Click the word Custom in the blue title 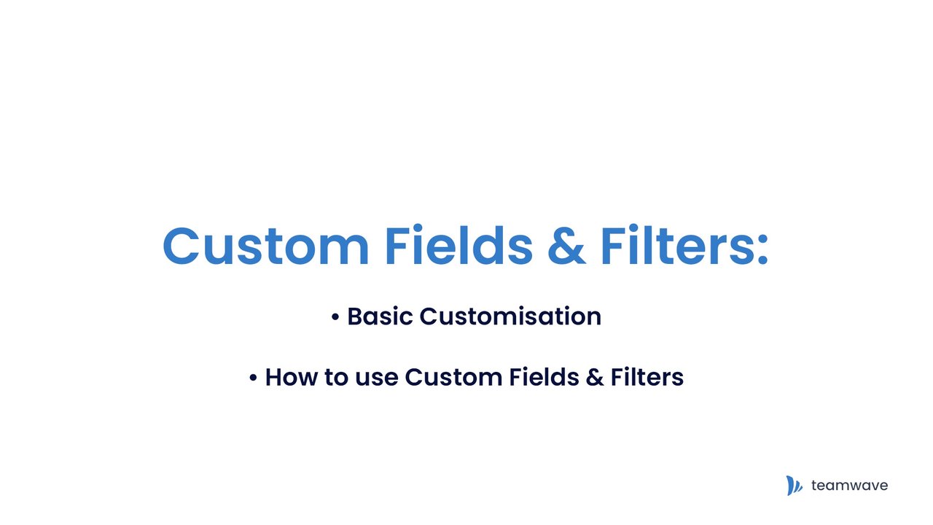point(266,246)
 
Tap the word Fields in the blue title point(459,244)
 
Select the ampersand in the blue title point(566,246)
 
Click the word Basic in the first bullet point(380,316)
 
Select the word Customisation point(510,316)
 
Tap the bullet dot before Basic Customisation point(335,317)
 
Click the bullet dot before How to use point(253,378)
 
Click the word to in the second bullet point(336,378)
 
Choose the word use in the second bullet point(377,380)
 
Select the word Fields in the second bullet point(544,377)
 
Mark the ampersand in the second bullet point(594,378)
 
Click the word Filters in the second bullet point(647,377)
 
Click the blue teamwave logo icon point(795,486)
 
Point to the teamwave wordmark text point(849,486)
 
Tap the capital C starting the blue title point(180,246)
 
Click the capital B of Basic point(356,316)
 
